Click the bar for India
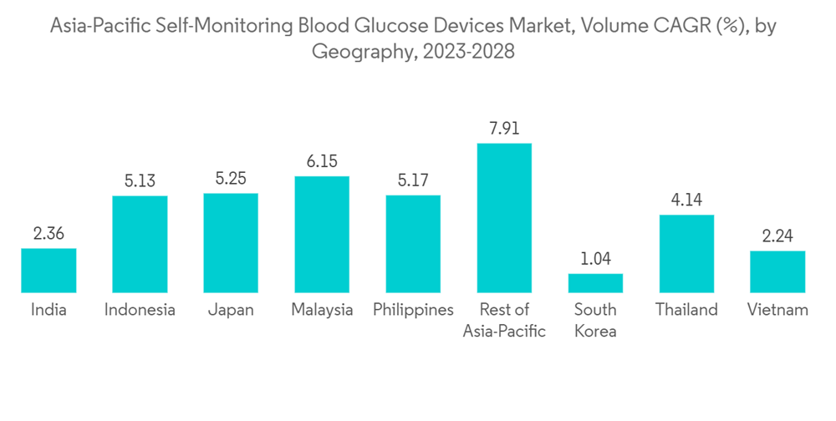pos(48,271)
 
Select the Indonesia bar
pos(140,244)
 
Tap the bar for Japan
pos(231,242)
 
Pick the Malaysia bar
pos(322,234)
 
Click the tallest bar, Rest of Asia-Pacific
pos(504,217)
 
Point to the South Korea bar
pos(595,282)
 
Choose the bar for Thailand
pos(686,253)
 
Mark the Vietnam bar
pos(777,271)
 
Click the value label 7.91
pos(504,129)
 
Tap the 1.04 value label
pos(595,259)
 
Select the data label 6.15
pos(322,162)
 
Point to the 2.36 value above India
pos(48,234)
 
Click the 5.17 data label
pos(413,180)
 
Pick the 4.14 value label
pos(686,200)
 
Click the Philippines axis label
pos(413,310)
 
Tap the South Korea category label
pos(595,320)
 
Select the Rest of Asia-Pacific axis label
pos(504,320)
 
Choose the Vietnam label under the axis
pos(777,310)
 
